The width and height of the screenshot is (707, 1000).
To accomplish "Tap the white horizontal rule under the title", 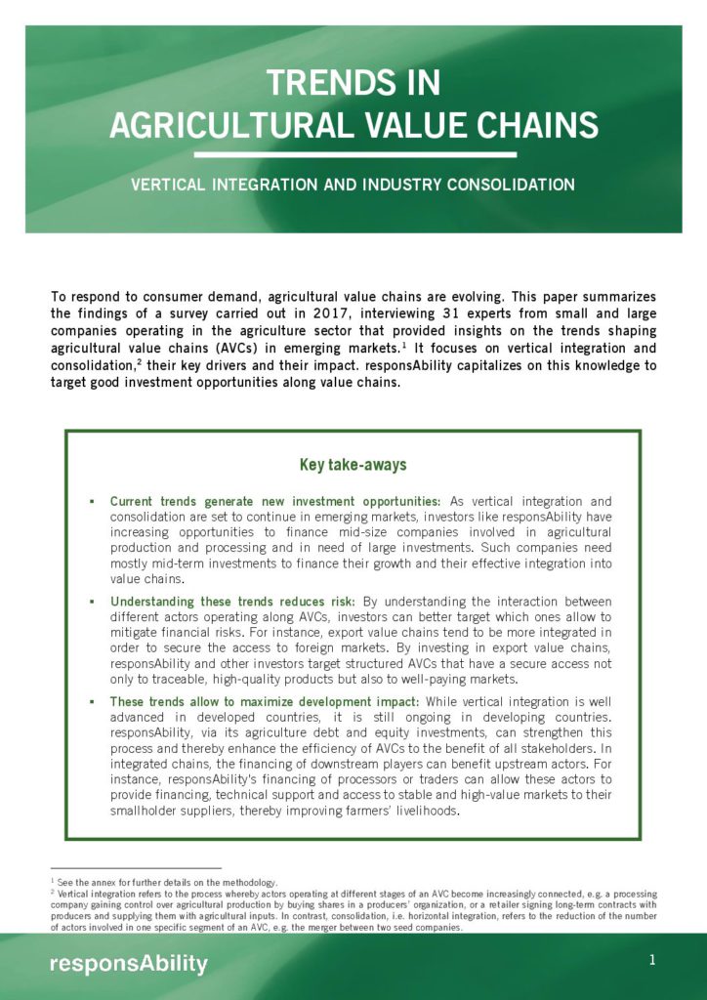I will click(x=354, y=154).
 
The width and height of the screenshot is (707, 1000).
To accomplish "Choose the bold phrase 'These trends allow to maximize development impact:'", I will click(x=265, y=702).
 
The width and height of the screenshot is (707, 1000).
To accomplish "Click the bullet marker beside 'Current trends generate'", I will click(x=91, y=501).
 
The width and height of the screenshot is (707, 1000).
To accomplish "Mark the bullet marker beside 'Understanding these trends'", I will click(x=91, y=602).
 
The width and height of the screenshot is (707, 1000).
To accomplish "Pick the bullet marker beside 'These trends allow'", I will click(x=91, y=702).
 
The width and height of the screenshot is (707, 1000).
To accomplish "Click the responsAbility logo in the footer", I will click(x=128, y=965).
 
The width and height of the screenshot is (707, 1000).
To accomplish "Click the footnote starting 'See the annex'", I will click(x=166, y=882).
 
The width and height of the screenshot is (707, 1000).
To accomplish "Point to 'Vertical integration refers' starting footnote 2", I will click(x=107, y=894).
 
